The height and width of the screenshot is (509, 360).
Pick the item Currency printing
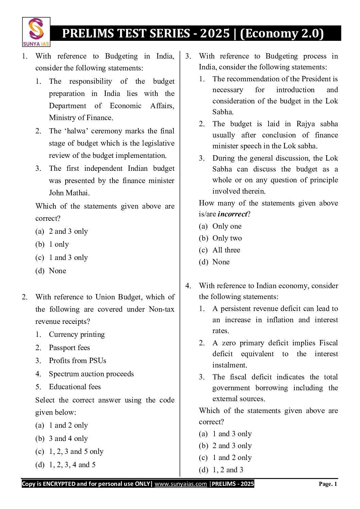click(x=77, y=334)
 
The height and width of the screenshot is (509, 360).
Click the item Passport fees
click(x=69, y=348)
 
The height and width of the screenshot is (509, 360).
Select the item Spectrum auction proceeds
click(x=91, y=374)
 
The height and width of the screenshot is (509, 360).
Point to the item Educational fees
click(x=75, y=387)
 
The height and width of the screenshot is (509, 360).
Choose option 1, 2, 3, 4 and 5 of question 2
click(x=72, y=465)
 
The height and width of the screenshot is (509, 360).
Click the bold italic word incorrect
click(x=232, y=214)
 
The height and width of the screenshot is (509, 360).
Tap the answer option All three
click(x=226, y=250)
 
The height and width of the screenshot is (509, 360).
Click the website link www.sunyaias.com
click(x=181, y=484)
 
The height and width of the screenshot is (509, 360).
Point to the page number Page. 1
click(x=328, y=484)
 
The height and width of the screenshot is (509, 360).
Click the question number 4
click(x=188, y=286)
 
